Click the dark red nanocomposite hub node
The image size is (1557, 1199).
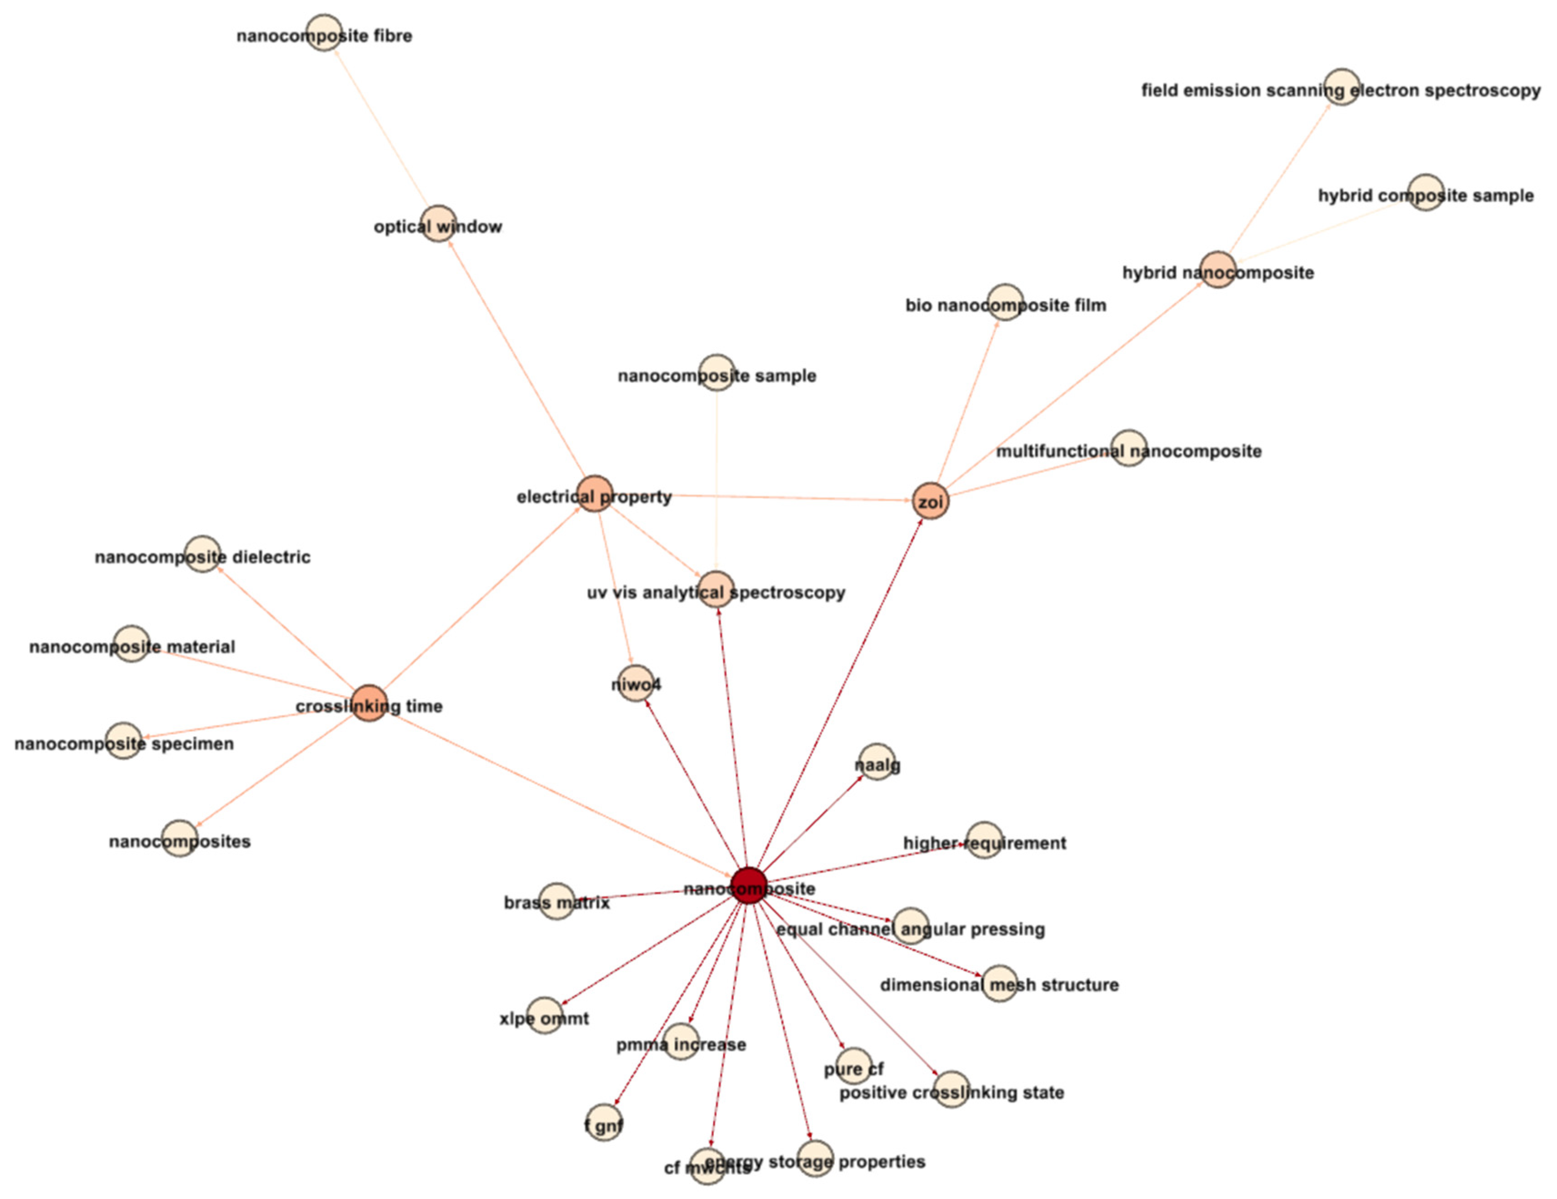point(749,885)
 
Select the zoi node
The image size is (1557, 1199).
point(931,501)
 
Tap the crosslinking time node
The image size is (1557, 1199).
point(369,703)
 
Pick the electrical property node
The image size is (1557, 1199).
point(595,493)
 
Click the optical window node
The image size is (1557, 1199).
point(438,224)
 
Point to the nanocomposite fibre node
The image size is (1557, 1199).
point(324,33)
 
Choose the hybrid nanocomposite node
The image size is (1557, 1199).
point(1218,270)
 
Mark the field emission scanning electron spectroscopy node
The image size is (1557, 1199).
point(1342,87)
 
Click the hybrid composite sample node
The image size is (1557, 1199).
point(1426,192)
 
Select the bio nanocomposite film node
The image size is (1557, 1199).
point(1005,302)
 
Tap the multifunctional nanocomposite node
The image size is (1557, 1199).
point(1128,448)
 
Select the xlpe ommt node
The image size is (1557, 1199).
point(545,1015)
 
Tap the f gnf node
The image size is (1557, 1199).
point(604,1123)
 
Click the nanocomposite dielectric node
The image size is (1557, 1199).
point(203,554)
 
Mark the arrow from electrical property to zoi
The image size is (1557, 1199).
point(763,497)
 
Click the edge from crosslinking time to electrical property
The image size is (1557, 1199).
point(482,598)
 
